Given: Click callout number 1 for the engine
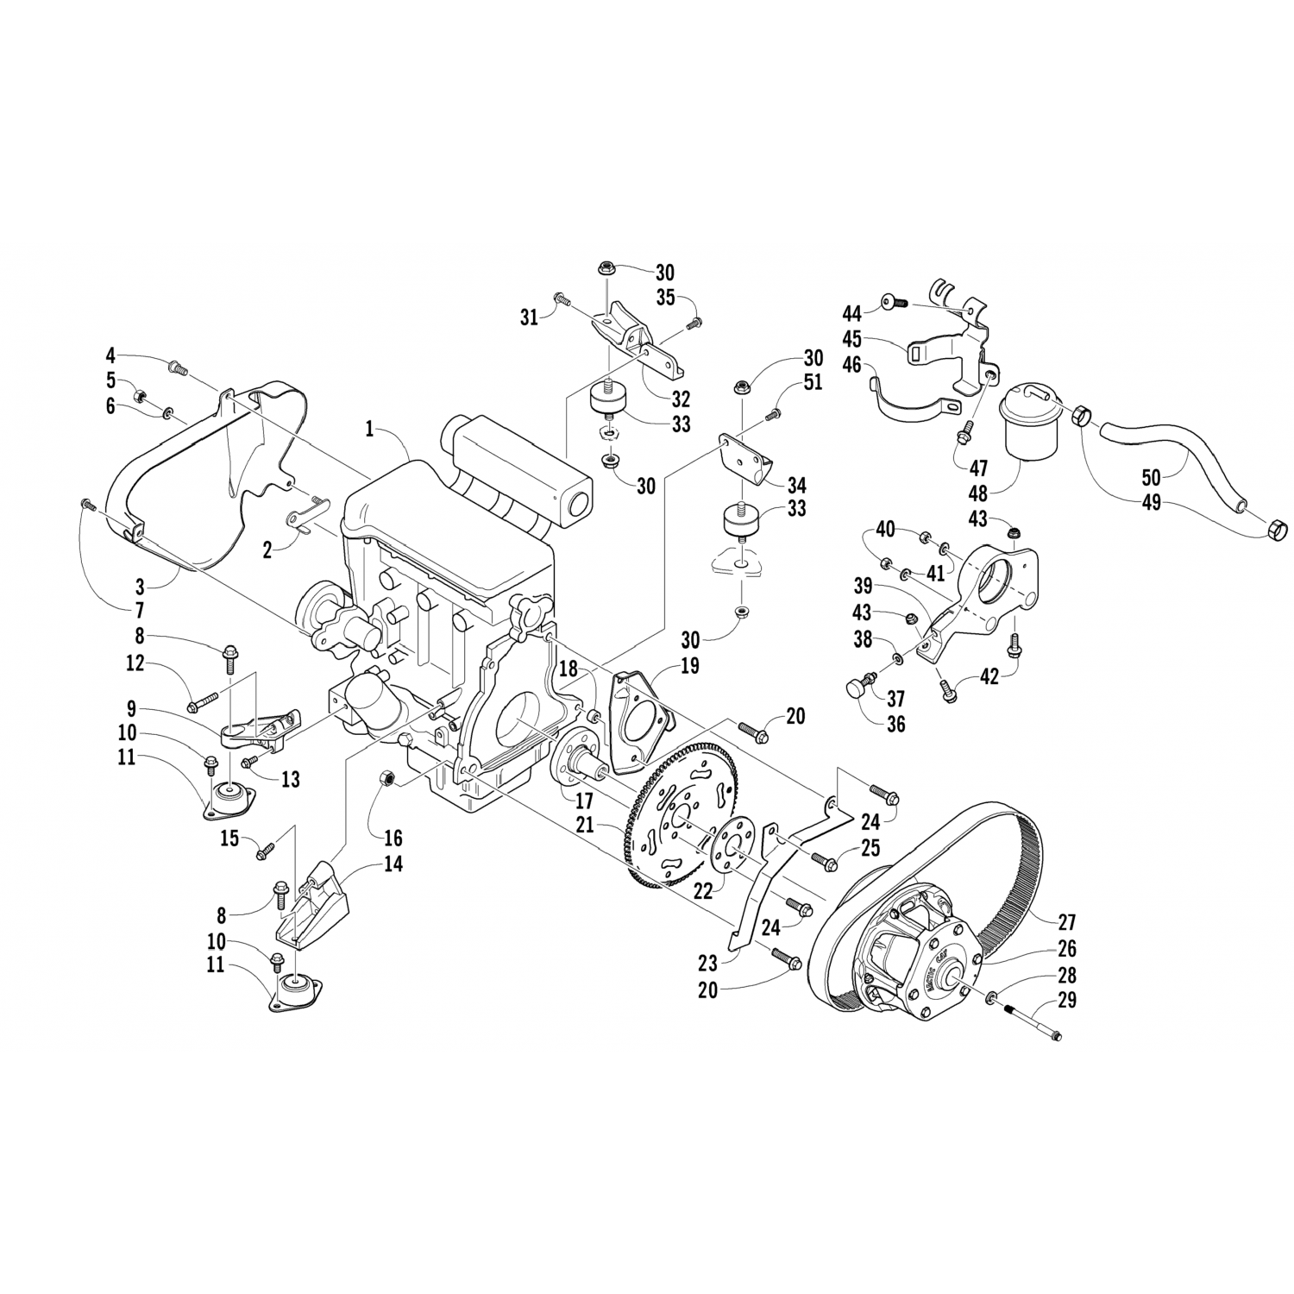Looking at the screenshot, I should (x=369, y=428).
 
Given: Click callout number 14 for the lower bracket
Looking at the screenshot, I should (x=393, y=864).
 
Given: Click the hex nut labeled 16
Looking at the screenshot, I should (x=388, y=780).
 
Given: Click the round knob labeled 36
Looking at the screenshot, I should (x=855, y=688).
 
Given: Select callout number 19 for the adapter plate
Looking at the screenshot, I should (x=690, y=666).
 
